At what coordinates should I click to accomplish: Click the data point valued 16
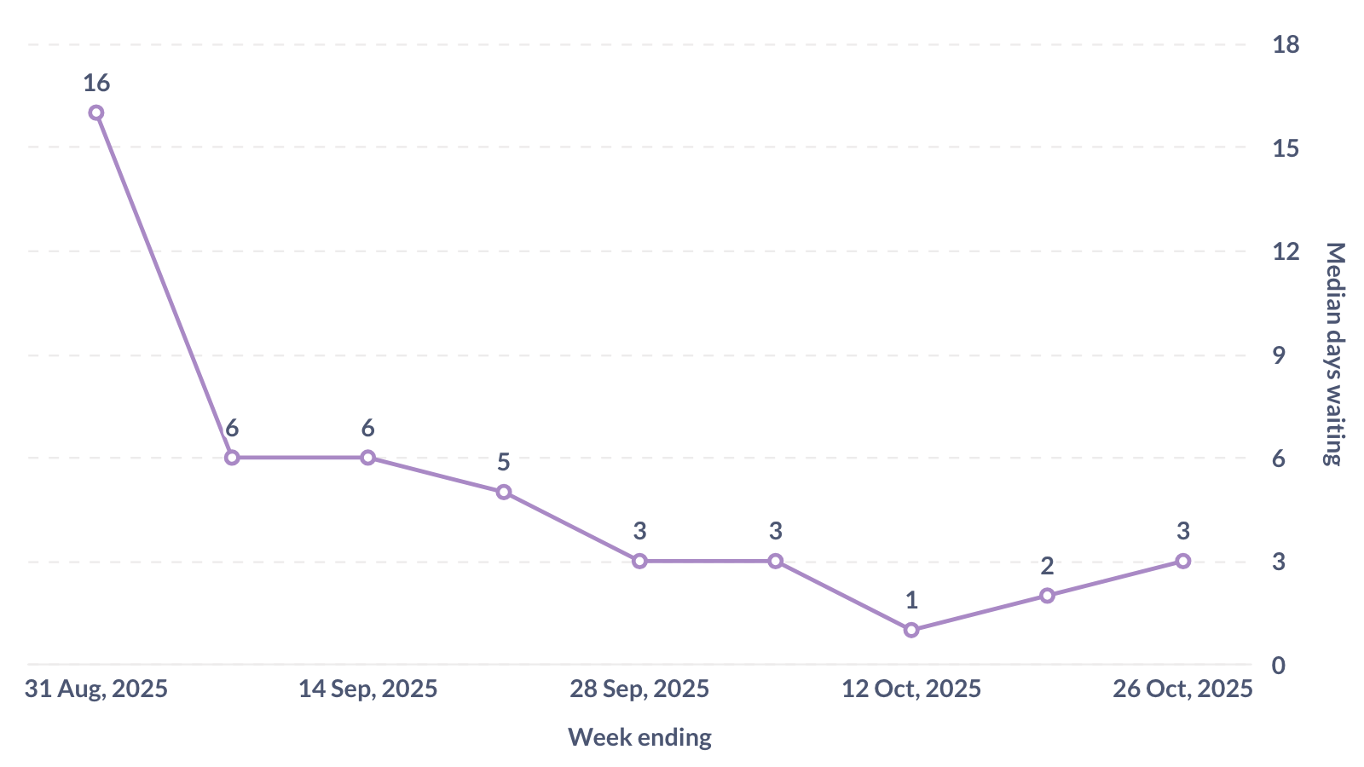96,112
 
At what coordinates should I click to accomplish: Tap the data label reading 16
96,83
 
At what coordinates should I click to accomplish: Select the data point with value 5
504,492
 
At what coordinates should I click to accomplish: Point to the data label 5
504,463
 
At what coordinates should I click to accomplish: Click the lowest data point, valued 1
911,630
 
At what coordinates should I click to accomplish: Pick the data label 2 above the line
1047,566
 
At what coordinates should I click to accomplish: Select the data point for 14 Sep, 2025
367,458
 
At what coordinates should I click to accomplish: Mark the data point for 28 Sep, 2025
639,561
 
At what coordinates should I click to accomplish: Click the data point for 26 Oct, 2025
1183,561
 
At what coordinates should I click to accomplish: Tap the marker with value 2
1047,596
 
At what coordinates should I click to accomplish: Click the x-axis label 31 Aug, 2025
96,689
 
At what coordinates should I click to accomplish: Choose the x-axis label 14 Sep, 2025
367,689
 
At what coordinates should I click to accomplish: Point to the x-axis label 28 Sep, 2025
639,689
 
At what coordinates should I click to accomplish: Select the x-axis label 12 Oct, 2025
911,689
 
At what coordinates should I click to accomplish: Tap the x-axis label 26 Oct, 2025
1182,689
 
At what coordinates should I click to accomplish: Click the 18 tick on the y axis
1286,44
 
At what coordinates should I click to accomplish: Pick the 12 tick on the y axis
1286,251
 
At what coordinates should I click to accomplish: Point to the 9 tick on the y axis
1279,355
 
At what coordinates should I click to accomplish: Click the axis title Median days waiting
1334,354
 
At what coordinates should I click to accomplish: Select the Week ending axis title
639,737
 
